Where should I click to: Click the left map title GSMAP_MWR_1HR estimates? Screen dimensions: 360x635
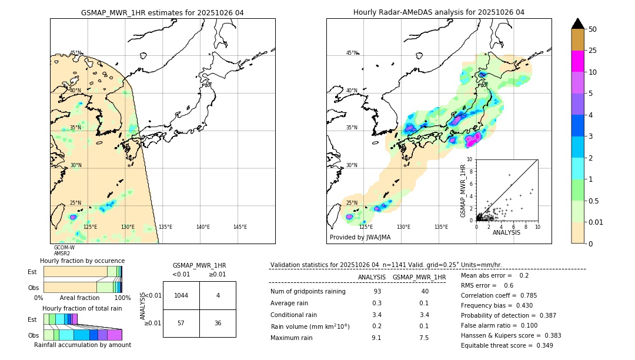[162, 12]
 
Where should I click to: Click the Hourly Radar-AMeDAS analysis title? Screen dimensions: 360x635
[439, 12]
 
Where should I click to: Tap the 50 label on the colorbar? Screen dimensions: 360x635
[593, 29]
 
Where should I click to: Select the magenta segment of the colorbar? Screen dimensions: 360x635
[577, 61]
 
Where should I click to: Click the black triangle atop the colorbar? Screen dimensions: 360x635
[577, 24]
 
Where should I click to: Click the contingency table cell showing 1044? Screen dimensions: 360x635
[181, 295]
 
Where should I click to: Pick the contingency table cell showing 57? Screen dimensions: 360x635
[181, 323]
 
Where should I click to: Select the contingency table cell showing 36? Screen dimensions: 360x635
[218, 323]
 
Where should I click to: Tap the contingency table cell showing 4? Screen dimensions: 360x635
[218, 295]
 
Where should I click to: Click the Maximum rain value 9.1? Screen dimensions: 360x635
[376, 338]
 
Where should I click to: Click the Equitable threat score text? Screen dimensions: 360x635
[507, 345]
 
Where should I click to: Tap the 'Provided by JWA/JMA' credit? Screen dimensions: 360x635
[360, 237]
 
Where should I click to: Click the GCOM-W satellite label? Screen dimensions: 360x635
[64, 248]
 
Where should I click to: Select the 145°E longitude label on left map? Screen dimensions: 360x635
[240, 227]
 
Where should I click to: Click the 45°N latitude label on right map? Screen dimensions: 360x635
[352, 53]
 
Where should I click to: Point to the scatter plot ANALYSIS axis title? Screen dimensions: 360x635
[506, 232]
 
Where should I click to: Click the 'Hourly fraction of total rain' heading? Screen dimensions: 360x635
[82, 308]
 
